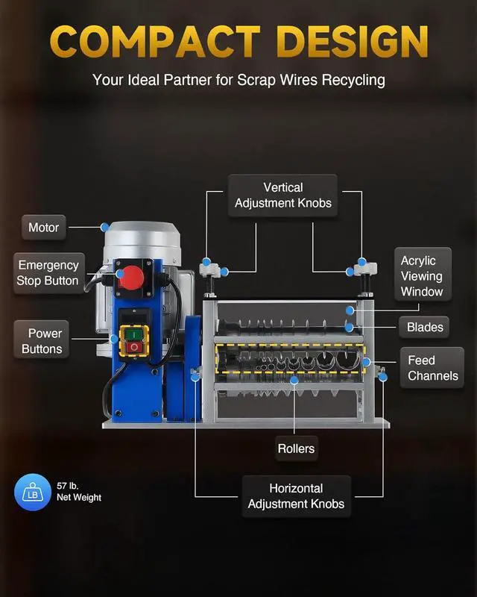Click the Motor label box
point(43,228)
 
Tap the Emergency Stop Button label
point(48,273)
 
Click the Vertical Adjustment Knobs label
point(282,196)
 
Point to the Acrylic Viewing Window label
point(422,276)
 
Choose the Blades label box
point(425,327)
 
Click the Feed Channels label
point(432,368)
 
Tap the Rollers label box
point(296,448)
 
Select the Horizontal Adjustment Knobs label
point(296,496)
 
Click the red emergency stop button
point(132,277)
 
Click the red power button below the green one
point(133,347)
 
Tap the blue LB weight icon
point(32,493)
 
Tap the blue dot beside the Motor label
point(105,226)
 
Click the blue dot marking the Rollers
point(294,380)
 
